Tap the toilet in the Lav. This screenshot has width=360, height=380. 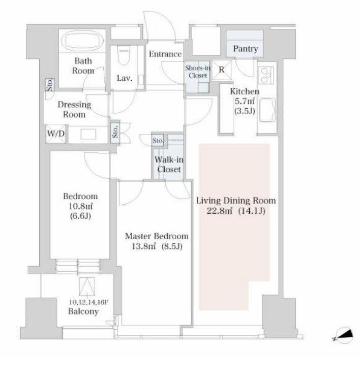click(124, 55)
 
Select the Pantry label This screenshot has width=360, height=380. click(245, 49)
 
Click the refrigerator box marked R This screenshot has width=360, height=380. click(222, 70)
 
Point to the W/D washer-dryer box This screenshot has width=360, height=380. click(56, 134)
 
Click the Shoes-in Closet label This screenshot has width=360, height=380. click(198, 72)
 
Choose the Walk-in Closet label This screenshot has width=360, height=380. click(169, 164)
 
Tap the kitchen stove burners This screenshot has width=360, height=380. click(266, 75)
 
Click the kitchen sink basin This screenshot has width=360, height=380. click(267, 110)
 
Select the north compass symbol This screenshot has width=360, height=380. click(344, 335)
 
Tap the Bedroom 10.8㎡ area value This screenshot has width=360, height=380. click(80, 206)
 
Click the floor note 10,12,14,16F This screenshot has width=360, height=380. click(88, 302)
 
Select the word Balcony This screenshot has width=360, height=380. click(83, 311)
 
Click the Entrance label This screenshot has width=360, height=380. click(165, 54)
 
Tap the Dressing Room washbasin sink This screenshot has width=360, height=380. click(88, 134)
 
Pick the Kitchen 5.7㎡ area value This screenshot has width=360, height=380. click(245, 101)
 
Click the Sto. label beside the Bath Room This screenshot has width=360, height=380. click(50, 85)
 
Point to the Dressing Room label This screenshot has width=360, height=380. click(74, 110)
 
